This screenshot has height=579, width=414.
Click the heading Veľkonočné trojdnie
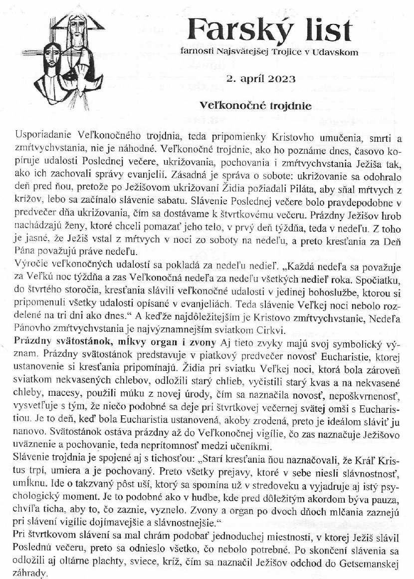tap(255, 106)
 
